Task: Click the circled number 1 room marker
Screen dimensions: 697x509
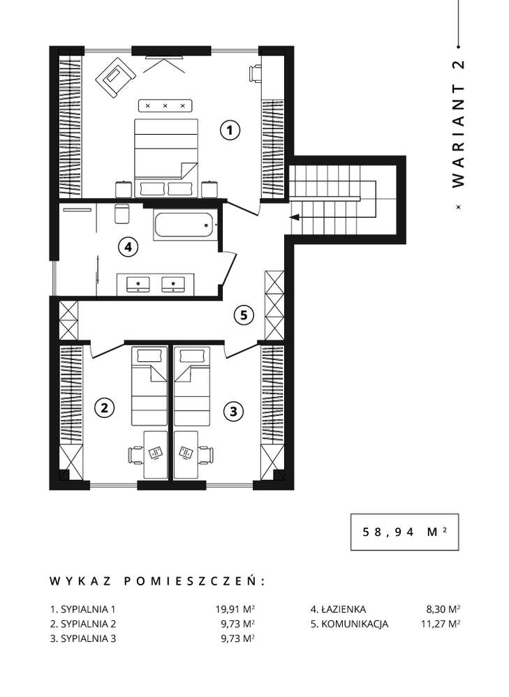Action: tap(230, 130)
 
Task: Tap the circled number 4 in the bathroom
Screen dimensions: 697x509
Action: tap(126, 246)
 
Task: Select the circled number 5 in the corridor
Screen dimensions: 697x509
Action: tap(242, 315)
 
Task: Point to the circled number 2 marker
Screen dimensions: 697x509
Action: tap(104, 407)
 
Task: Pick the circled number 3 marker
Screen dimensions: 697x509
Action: tap(234, 412)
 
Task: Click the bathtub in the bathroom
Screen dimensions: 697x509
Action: tap(184, 225)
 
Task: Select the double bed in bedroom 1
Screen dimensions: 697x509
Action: tap(165, 149)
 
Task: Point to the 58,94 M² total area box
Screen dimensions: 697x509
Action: tap(404, 532)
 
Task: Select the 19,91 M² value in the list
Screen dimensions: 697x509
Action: tap(235, 608)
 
